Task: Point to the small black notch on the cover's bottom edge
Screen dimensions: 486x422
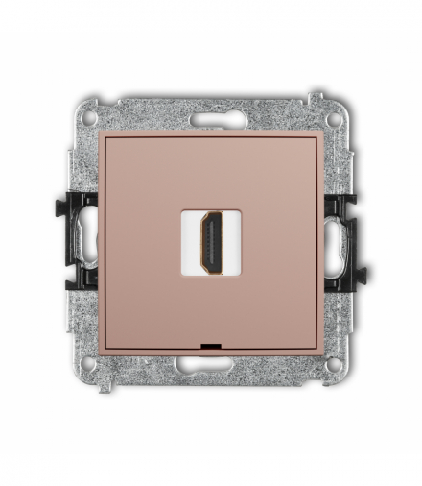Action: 211,343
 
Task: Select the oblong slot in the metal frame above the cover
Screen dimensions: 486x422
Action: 211,122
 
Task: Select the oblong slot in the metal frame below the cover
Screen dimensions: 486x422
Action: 211,364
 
